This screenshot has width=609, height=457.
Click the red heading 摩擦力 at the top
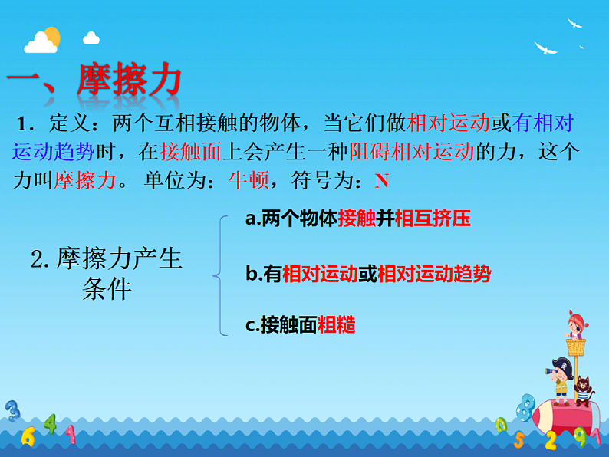click(130, 79)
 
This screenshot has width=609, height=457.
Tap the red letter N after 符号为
click(381, 181)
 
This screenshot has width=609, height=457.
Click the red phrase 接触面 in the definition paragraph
click(191, 152)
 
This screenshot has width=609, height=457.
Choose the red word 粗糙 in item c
click(337, 325)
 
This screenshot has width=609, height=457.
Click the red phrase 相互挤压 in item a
click(432, 219)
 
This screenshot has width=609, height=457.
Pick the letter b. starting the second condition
click(253, 274)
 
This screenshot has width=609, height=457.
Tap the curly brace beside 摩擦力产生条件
click(220, 275)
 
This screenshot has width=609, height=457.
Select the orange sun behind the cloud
click(51, 35)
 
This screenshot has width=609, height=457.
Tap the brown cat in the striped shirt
click(584, 391)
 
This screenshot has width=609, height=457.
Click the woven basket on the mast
click(575, 346)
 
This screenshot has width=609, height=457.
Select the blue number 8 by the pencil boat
click(526, 406)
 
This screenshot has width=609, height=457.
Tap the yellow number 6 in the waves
click(28, 436)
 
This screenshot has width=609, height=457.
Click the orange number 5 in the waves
click(518, 439)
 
